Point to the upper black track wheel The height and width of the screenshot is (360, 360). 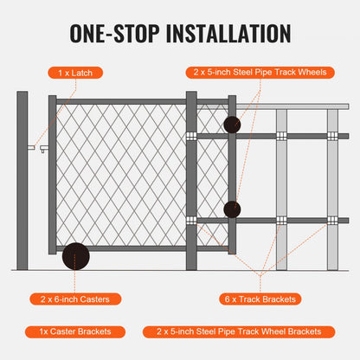pyautogui.click(x=232, y=125)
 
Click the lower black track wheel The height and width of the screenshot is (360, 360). pyautogui.click(x=232, y=209)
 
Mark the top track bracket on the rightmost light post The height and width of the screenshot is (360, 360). pyautogui.click(x=332, y=136)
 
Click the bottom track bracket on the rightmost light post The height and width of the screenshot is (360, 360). pyautogui.click(x=332, y=221)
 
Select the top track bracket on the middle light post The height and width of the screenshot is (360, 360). pyautogui.click(x=281, y=136)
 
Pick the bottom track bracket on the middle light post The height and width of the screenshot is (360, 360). pyautogui.click(x=281, y=221)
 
